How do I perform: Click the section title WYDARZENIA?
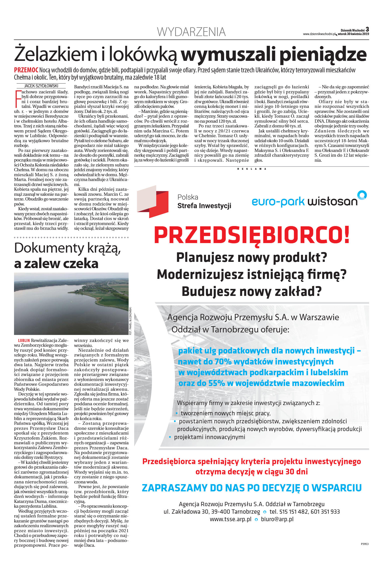click(191, 32)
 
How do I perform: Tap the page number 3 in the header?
click(367, 30)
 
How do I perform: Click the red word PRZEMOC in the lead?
click(26, 70)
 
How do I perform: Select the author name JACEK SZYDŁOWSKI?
click(41, 86)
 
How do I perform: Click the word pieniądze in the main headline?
click(323, 54)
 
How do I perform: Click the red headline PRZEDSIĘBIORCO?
click(252, 235)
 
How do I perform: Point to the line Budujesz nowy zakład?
click(251, 291)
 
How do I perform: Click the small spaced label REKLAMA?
click(251, 169)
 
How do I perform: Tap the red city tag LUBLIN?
click(24, 340)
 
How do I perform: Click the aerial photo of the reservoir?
click(71, 303)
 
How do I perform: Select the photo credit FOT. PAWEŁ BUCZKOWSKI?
click(130, 321)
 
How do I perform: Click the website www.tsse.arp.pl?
click(230, 519)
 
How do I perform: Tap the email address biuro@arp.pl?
click(277, 519)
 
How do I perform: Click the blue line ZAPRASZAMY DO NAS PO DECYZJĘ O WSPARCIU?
click(251, 488)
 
